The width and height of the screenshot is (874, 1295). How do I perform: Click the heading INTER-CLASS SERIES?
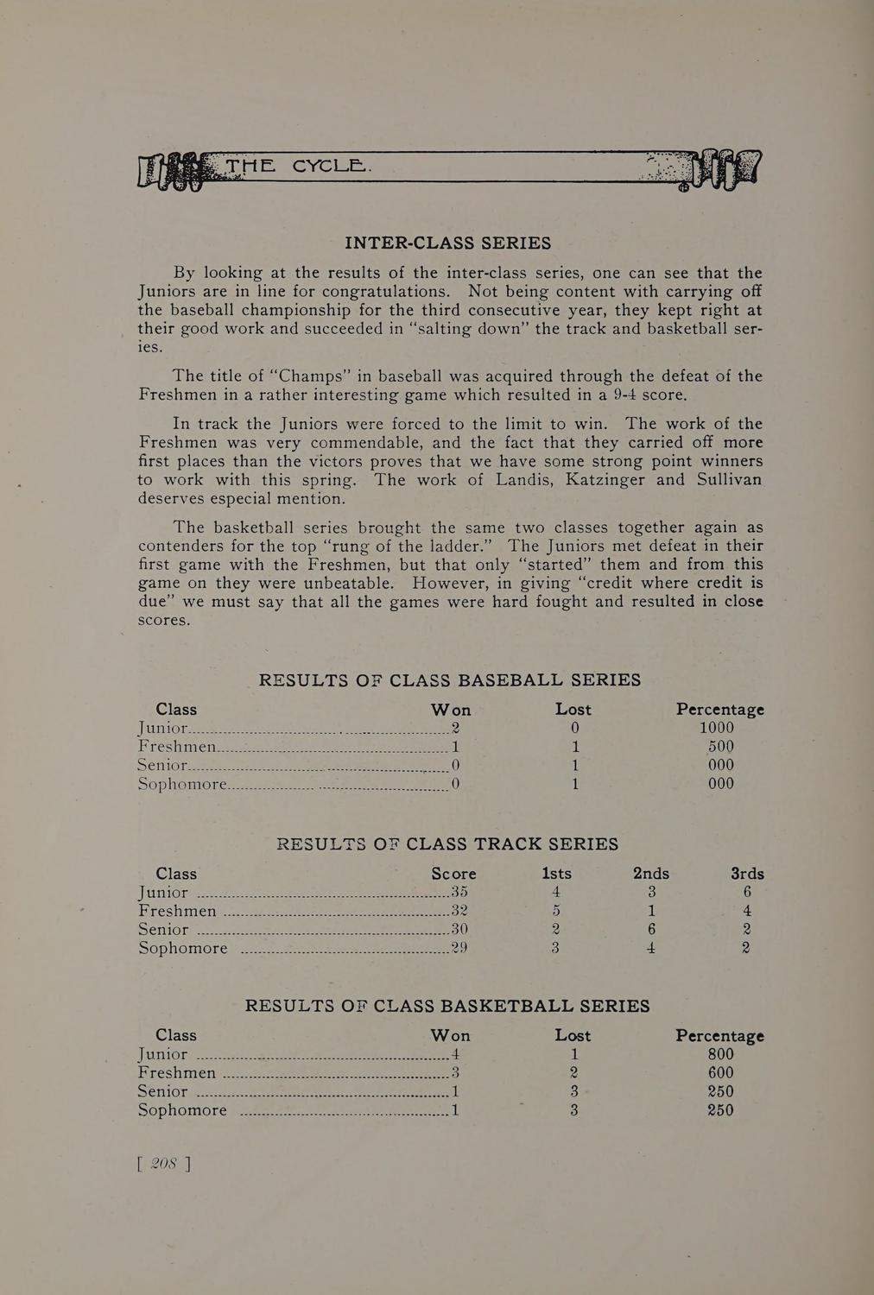click(447, 243)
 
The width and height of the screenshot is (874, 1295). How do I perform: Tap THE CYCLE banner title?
click(295, 166)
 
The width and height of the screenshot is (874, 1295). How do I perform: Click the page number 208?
click(164, 1163)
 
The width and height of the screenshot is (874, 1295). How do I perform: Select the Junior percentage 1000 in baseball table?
click(717, 728)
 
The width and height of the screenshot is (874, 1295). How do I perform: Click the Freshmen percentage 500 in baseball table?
click(720, 747)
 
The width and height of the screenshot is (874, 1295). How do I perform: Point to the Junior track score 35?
click(459, 892)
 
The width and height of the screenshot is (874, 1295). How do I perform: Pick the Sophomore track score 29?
click(459, 948)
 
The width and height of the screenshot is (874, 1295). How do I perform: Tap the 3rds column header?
click(747, 874)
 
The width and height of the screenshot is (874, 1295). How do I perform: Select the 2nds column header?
click(651, 874)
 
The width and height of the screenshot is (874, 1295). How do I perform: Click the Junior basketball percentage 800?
click(720, 1054)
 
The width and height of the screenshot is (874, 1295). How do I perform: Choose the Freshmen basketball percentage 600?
click(720, 1073)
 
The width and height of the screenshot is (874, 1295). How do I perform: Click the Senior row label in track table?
click(163, 930)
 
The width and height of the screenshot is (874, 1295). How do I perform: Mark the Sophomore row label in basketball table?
click(182, 1110)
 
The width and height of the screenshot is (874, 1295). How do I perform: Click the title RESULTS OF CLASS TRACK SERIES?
click(447, 844)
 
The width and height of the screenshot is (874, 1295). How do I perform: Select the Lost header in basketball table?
click(573, 1035)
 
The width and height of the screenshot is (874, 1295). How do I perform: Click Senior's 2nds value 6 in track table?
click(652, 930)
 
